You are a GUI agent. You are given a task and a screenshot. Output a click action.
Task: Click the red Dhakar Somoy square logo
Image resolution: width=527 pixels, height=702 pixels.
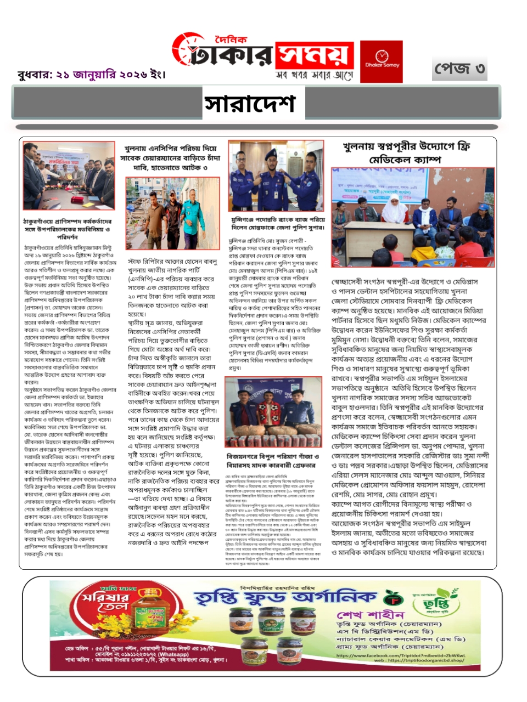[x=381, y=61]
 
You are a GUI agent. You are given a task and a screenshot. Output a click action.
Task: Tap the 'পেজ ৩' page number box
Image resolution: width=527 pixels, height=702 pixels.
[x=459, y=69]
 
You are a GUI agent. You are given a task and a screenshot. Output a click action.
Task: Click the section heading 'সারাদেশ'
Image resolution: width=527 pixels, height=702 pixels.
[x=250, y=103]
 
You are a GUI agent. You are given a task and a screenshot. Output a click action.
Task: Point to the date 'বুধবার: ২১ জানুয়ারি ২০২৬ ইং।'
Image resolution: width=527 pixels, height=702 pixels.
[x=91, y=74]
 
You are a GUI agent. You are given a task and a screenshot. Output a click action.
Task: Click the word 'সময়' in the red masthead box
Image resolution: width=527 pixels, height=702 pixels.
[x=313, y=55]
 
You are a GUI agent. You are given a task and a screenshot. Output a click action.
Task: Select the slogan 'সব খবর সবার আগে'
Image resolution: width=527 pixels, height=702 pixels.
[x=314, y=75]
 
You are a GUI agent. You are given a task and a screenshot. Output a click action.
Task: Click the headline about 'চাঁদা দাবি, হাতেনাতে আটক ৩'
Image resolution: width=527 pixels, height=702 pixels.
[x=170, y=157]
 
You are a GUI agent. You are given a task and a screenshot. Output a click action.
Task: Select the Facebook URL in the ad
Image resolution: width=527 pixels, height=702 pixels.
[x=401, y=655]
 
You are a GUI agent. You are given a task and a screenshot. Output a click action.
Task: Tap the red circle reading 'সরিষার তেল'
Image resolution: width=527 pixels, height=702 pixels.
[x=105, y=603]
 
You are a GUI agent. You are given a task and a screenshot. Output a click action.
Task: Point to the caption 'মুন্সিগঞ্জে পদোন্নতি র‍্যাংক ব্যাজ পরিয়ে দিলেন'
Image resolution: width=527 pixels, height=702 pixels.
[x=278, y=223]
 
